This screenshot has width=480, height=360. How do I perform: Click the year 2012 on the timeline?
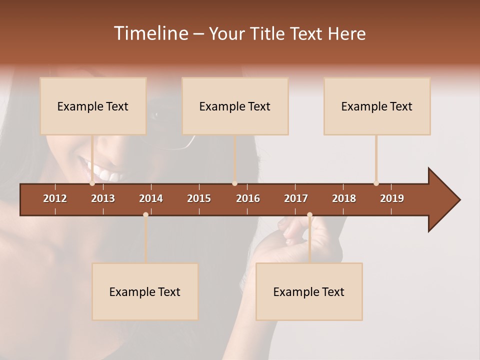pos(55,198)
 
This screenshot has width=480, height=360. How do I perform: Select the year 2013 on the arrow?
pos(103,198)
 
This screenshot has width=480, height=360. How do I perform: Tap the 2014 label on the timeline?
pos(151,198)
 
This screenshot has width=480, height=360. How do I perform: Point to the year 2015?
pos(199,198)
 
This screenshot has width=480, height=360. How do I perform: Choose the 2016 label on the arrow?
pos(248,198)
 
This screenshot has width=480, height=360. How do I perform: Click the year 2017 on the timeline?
pos(296,198)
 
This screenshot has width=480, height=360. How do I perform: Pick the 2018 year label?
pos(344,198)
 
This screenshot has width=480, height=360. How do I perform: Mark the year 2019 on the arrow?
pos(392,198)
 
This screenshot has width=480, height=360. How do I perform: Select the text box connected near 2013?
pos(93,106)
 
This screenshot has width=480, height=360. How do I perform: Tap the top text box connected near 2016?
pos(235,106)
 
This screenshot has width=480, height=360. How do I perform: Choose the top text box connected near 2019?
pos(377,106)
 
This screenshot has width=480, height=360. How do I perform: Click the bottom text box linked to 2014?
pos(145,291)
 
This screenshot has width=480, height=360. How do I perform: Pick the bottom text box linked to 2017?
pos(309,291)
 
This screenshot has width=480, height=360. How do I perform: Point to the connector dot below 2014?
pos(145,214)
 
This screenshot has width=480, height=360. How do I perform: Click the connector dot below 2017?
pos(309,214)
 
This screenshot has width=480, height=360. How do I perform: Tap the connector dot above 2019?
pos(376,183)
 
